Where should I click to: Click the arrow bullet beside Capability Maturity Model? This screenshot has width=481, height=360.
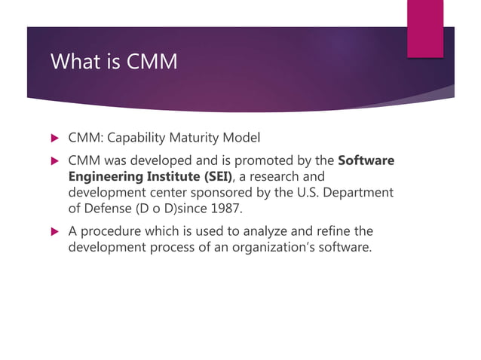pyautogui.click(x=53, y=139)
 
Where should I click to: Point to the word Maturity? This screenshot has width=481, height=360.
pyautogui.click(x=201, y=139)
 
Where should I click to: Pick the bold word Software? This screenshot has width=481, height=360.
pyautogui.click(x=366, y=160)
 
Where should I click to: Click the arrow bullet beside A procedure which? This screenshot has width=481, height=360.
pyautogui.click(x=53, y=230)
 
